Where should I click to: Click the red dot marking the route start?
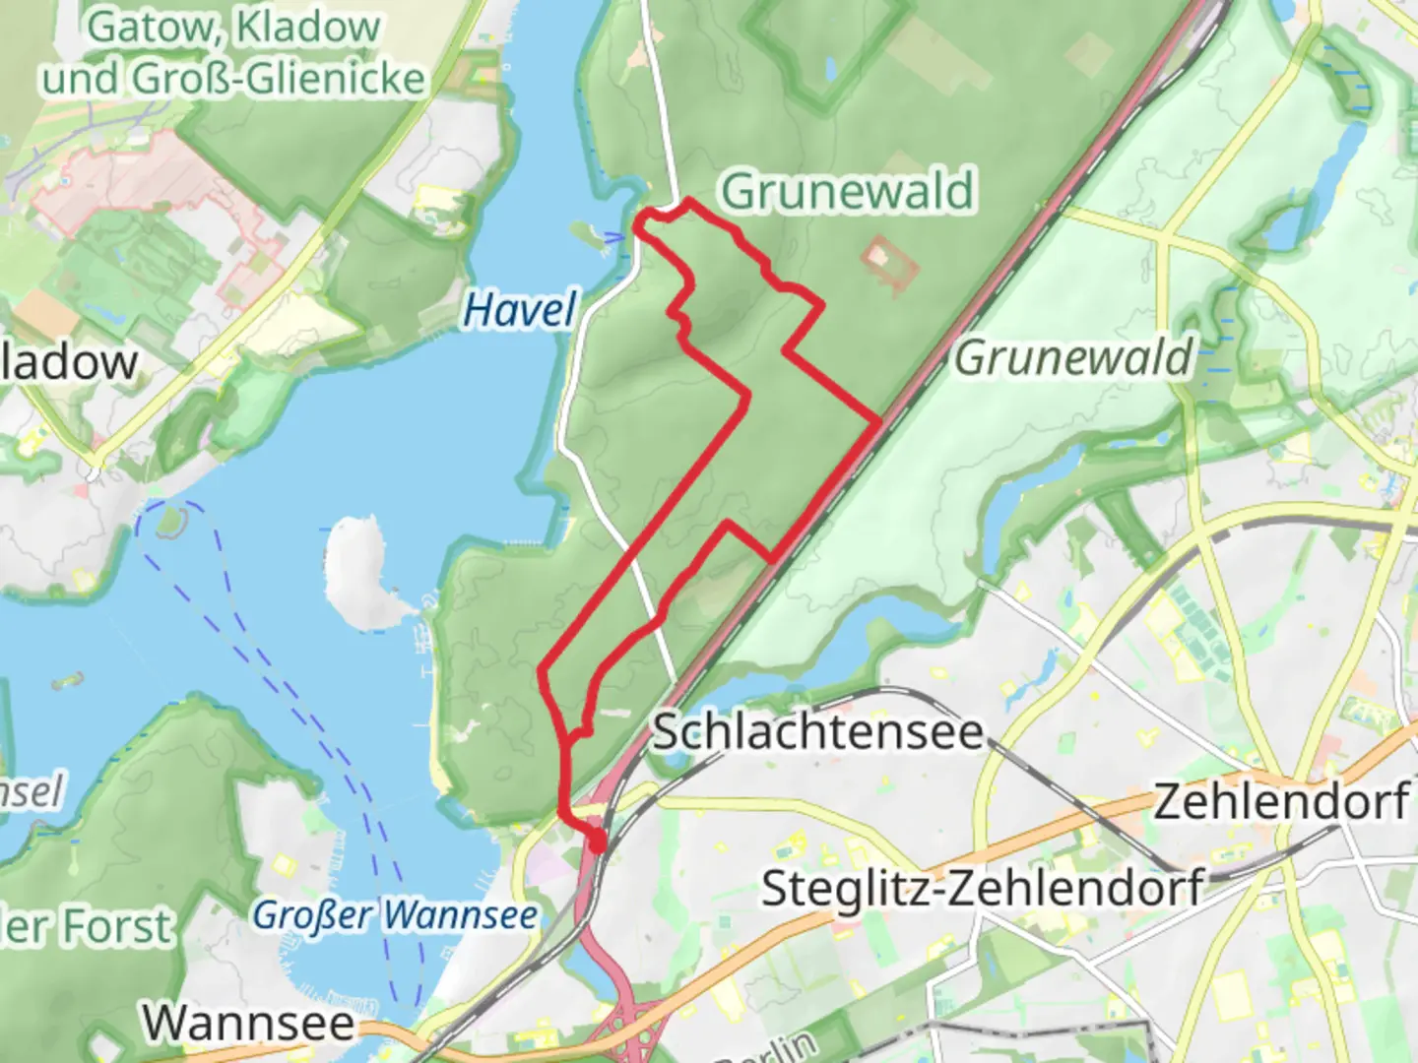click(597, 842)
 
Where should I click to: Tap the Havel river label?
click(519, 310)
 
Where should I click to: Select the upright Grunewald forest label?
click(847, 191)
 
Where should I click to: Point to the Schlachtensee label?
click(817, 732)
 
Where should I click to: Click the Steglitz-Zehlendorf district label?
click(982, 888)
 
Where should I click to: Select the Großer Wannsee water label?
click(395, 915)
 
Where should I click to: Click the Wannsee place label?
click(248, 1023)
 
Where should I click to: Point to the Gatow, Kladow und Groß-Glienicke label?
click(232, 53)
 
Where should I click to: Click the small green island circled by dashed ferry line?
click(169, 520)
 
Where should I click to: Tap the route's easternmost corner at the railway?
click(879, 422)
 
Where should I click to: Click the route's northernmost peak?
click(687, 201)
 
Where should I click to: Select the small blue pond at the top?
click(830, 69)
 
